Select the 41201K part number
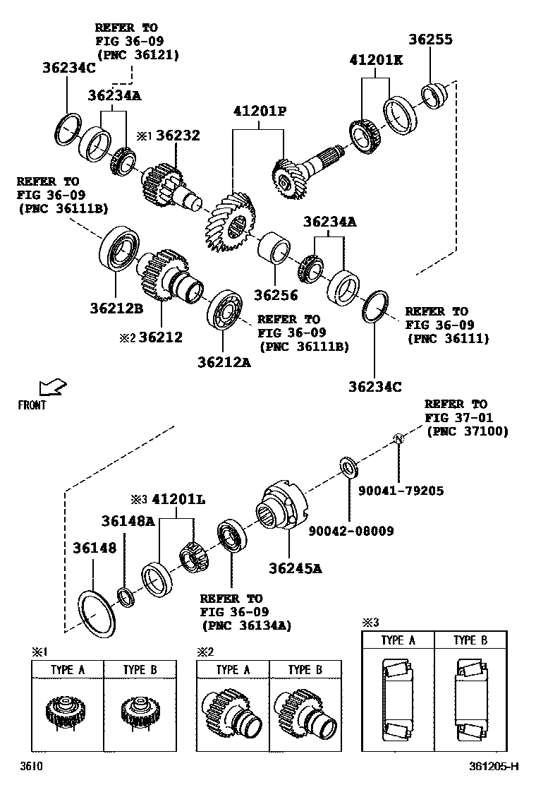[x=375, y=61]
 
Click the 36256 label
[x=276, y=295]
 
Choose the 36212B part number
[x=116, y=308]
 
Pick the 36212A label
[x=224, y=363]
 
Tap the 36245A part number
[x=296, y=567]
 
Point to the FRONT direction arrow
[x=52, y=387]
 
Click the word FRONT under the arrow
[x=32, y=405]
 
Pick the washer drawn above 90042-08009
[x=348, y=466]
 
